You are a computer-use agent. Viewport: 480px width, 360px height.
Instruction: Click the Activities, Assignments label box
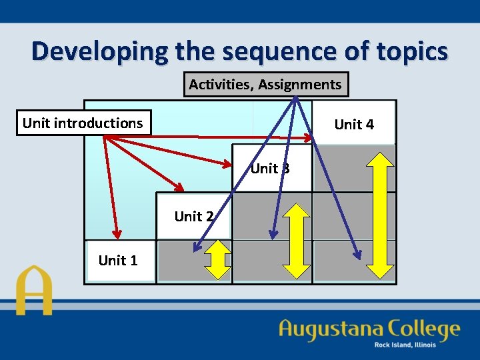265,85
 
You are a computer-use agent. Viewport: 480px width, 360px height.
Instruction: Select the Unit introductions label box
83,123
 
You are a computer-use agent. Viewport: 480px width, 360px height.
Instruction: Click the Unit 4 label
354,124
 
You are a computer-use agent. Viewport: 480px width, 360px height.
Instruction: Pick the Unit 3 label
270,169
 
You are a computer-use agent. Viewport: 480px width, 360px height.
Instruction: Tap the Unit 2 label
193,216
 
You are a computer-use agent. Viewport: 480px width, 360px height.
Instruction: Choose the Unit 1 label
118,261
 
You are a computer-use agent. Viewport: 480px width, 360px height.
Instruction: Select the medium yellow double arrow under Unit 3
297,239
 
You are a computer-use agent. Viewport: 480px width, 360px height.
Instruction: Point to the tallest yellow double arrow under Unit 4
380,215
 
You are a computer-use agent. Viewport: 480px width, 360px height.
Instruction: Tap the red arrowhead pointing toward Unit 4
307,138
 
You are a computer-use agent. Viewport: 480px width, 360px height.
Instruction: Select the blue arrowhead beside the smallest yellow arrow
196,249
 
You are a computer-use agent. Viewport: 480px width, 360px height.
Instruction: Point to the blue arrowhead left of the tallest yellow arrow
357,255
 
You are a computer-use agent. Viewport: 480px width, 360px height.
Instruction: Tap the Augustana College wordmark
369,329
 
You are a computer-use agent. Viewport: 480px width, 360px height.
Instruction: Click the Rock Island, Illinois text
405,345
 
